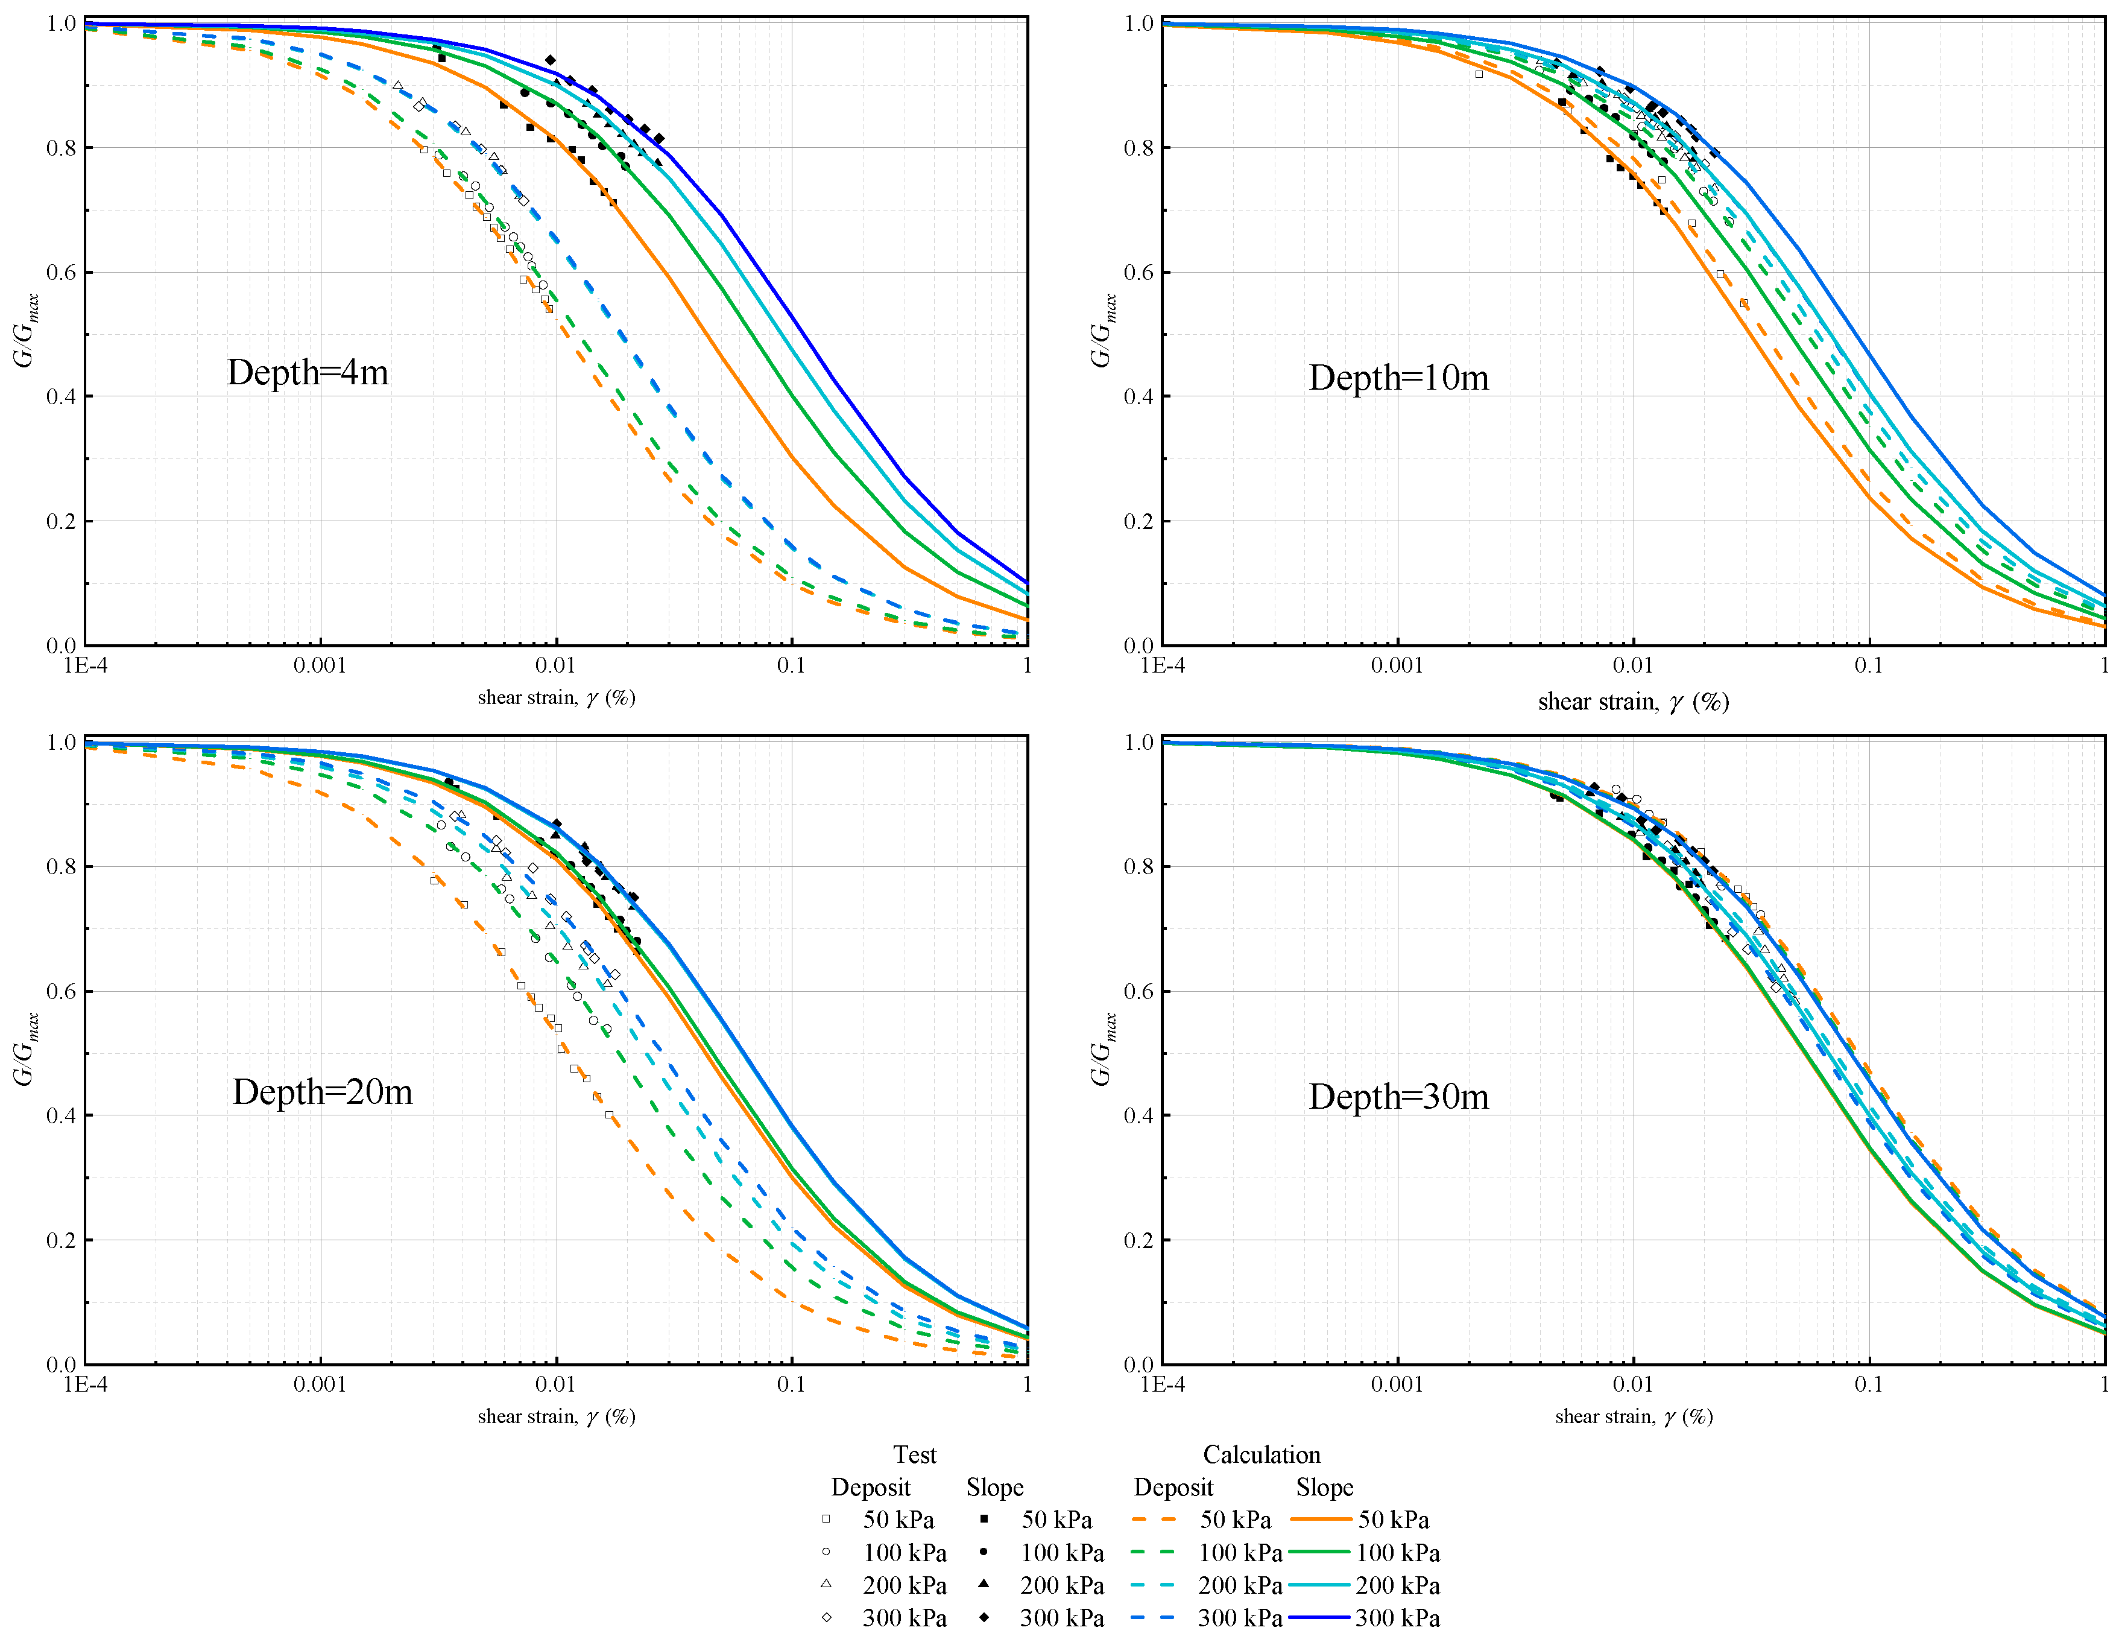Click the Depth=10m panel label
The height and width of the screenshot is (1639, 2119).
1398,378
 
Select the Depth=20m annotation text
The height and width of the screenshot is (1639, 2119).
322,1092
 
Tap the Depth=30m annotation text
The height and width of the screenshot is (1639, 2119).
1398,1097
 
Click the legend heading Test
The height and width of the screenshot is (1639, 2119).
914,1454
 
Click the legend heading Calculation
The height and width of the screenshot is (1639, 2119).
1262,1454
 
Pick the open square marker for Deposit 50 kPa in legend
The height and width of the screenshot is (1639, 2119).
826,1520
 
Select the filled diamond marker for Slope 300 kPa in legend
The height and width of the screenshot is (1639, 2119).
984,1618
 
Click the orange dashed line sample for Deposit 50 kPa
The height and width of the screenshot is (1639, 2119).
1154,1520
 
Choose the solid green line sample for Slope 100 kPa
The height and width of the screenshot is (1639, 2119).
1319,1553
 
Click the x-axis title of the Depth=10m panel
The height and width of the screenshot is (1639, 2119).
1633,702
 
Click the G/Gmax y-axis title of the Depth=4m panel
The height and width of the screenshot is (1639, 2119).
26,330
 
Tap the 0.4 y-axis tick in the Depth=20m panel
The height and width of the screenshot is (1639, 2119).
61,1116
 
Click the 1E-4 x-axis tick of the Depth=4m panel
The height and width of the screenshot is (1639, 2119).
86,666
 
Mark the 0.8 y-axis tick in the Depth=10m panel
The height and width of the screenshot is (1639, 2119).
1138,148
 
